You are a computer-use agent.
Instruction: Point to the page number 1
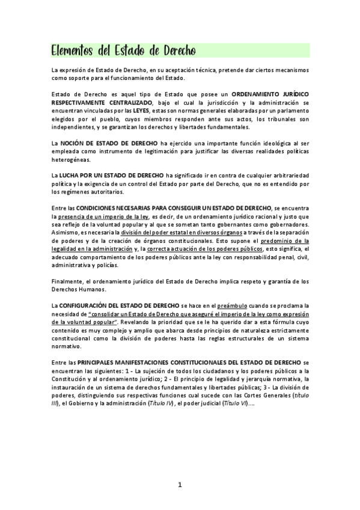tap(180, 484)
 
